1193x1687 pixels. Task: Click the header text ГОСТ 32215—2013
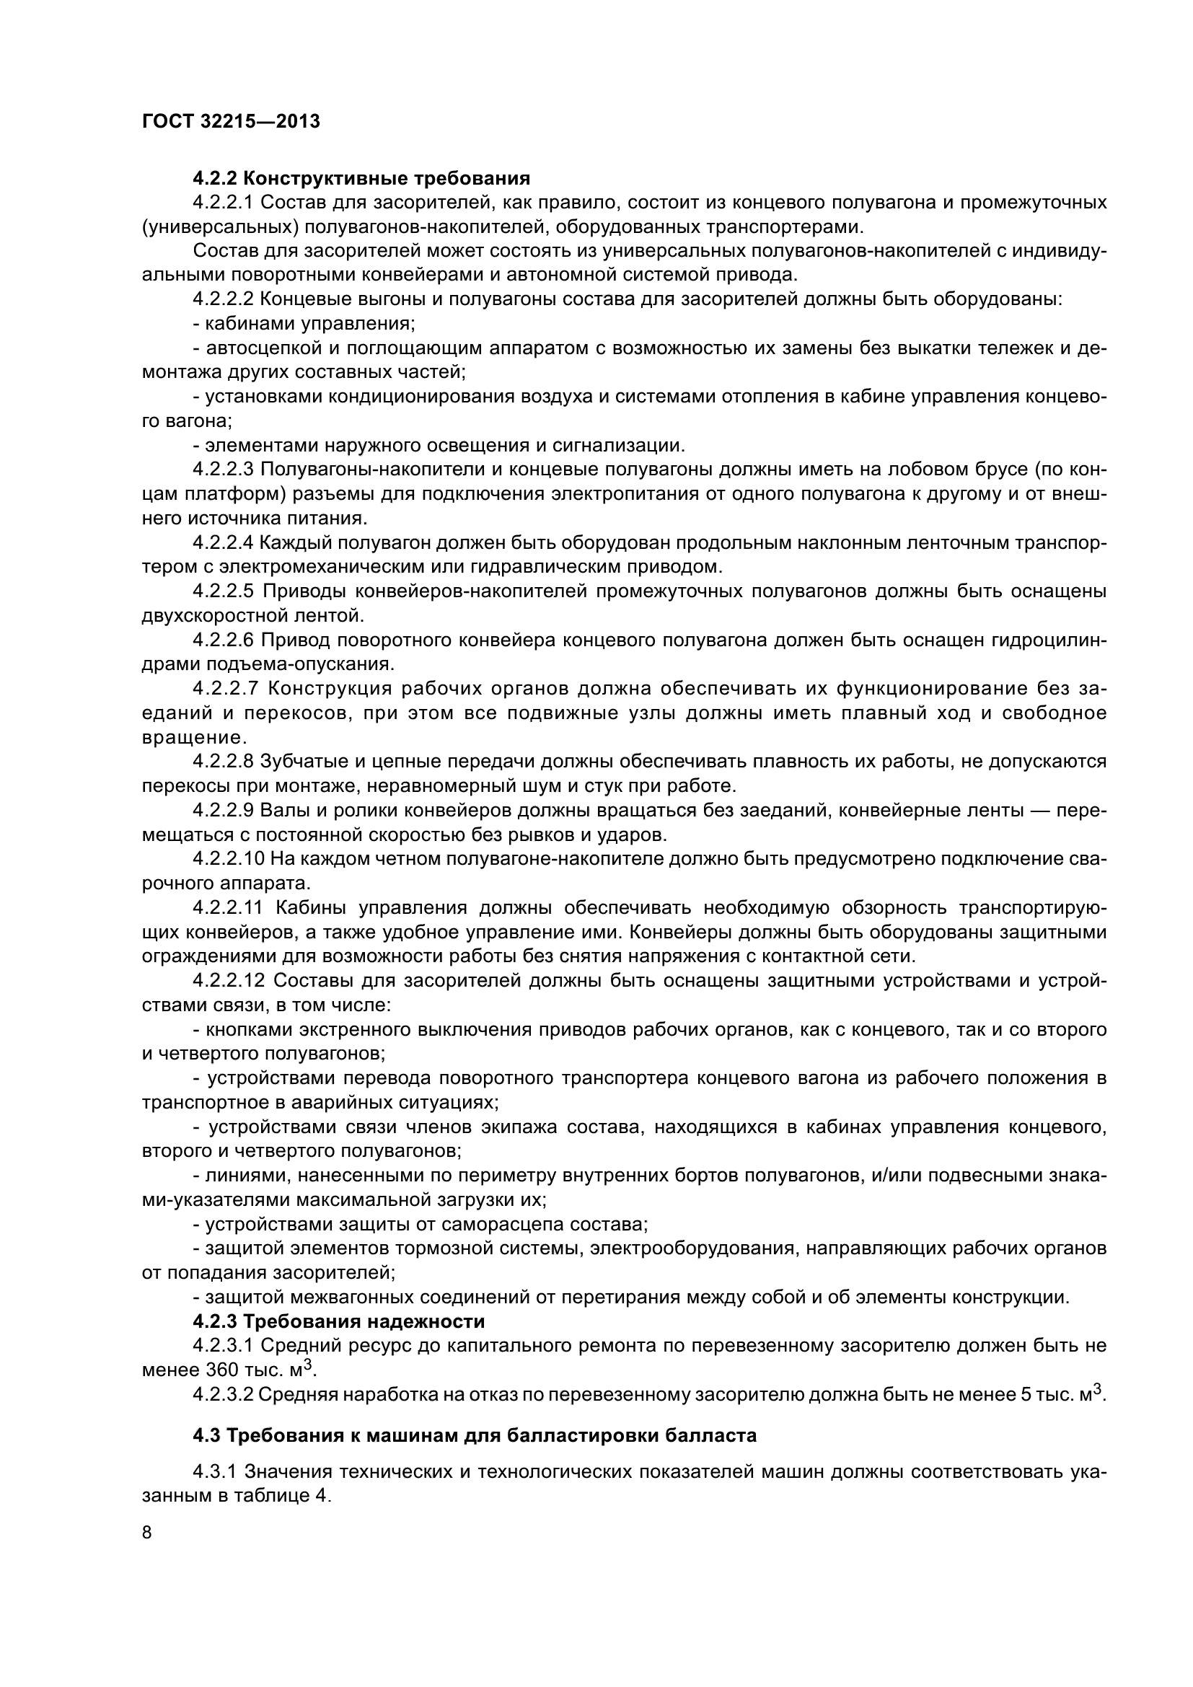pyautogui.click(x=231, y=121)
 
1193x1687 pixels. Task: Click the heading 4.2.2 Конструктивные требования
pyautogui.click(x=361, y=178)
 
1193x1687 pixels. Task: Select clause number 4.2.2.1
pyautogui.click(x=224, y=202)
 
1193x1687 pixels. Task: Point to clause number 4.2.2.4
pyautogui.click(x=224, y=542)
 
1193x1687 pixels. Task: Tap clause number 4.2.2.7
pyautogui.click(x=224, y=689)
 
